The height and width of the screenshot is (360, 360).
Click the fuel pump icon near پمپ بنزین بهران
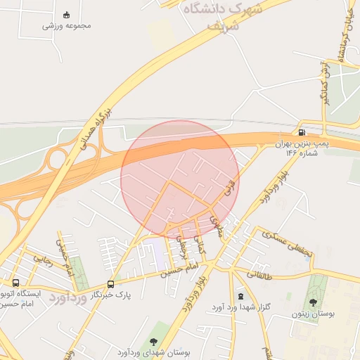pyautogui.click(x=302, y=132)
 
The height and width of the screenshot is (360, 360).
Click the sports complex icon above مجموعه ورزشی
pyautogui.click(x=67, y=15)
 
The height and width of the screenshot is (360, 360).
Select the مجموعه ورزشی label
pyautogui.click(x=67, y=26)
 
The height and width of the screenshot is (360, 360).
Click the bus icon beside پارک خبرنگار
pyautogui.click(x=110, y=284)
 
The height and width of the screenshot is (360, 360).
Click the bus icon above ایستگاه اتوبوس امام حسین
pyautogui.click(x=15, y=283)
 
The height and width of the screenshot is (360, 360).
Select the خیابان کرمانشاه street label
pyautogui.click(x=347, y=39)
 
